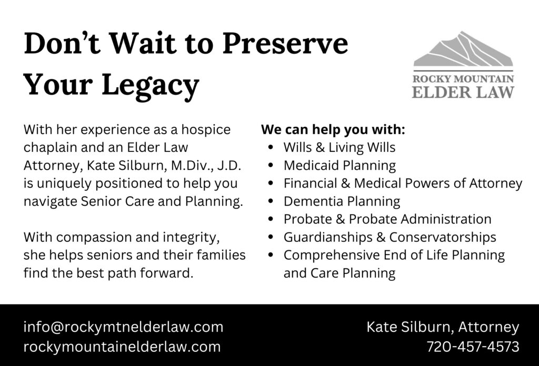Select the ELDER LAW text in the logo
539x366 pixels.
(463, 93)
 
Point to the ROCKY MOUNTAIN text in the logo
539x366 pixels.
(463, 79)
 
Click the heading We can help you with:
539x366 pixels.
(333, 129)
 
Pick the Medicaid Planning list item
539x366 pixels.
(340, 166)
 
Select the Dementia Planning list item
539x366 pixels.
(342, 201)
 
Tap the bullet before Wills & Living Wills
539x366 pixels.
(271, 147)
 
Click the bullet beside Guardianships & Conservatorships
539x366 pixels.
(271, 237)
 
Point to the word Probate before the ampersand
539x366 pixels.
(307, 219)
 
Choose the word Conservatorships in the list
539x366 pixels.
(442, 237)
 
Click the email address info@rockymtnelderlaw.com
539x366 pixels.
(123, 327)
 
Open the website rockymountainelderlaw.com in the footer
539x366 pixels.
(122, 347)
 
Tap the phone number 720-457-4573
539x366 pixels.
(473, 347)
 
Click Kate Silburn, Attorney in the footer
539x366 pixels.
(443, 327)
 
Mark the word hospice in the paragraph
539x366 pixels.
(206, 130)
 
